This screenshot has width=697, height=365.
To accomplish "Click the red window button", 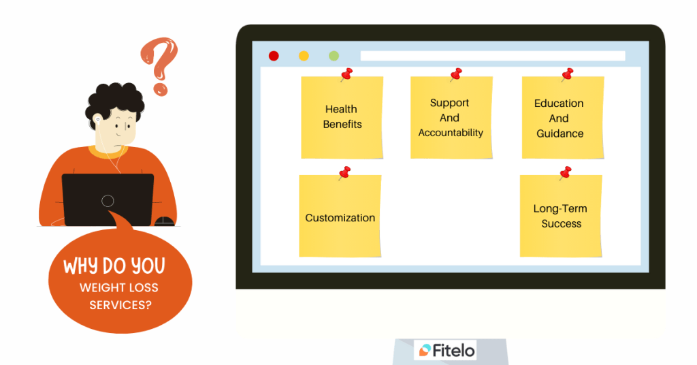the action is coord(274,56).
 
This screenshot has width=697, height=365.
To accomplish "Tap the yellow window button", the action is coord(304,56).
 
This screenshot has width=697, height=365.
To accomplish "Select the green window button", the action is coord(334,56).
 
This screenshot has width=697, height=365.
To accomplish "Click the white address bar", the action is coord(493,56).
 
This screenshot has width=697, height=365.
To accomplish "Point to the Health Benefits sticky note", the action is coord(342,117).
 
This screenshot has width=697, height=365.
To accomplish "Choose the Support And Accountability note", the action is coord(451,117).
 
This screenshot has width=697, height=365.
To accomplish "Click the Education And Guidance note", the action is coord(563,117).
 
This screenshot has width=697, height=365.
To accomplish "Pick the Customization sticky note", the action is coord(340,216).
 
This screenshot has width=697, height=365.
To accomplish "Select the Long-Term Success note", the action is coord(561,216).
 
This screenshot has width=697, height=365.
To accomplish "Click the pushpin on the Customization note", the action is coord(344,172).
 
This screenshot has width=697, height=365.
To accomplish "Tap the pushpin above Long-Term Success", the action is coord(566,172).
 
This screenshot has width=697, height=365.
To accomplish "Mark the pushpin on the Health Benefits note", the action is coord(346,74).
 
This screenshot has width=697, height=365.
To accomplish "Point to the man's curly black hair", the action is coord(114,101).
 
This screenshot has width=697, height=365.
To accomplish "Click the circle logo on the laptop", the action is coord(108,201).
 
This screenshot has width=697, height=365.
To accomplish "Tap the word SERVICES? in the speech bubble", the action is coord(120,305).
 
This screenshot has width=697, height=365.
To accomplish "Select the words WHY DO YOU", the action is coord(114,266).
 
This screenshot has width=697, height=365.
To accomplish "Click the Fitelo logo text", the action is coord(453,350).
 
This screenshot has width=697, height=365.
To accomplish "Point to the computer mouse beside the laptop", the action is coord(164,221).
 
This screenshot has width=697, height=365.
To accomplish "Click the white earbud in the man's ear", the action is coord(98,119).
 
